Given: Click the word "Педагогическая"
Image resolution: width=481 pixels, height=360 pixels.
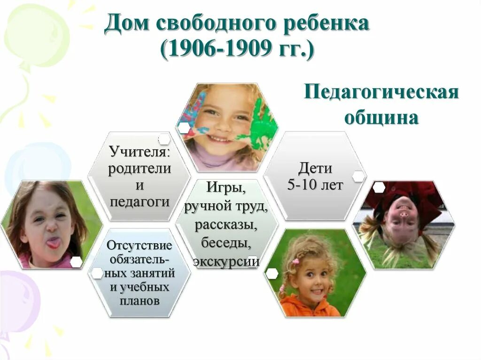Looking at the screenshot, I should click(380, 92).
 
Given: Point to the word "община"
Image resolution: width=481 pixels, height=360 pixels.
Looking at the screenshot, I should click(381, 117).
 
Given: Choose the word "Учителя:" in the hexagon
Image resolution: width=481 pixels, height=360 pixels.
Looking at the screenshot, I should click(139, 152).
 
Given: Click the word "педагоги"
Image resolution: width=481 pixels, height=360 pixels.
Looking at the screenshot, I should click(140, 202).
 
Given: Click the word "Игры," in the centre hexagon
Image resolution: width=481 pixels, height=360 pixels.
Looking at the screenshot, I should click(226, 189).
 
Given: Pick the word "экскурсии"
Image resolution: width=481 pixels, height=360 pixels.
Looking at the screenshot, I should click(226, 261).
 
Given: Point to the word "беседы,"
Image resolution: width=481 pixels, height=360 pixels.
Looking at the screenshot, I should click(226, 243).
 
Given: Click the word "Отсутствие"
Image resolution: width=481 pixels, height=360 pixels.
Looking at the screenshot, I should click(140, 245).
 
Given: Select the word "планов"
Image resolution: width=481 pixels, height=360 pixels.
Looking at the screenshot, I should click(140, 301).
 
